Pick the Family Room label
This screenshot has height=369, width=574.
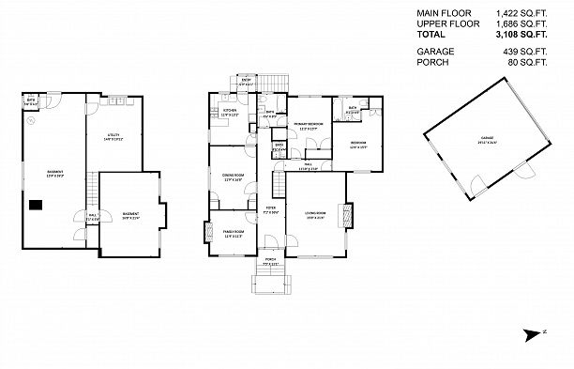pyautogui.click(x=233, y=234)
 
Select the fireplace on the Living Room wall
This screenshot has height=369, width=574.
pyautogui.click(x=349, y=216)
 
